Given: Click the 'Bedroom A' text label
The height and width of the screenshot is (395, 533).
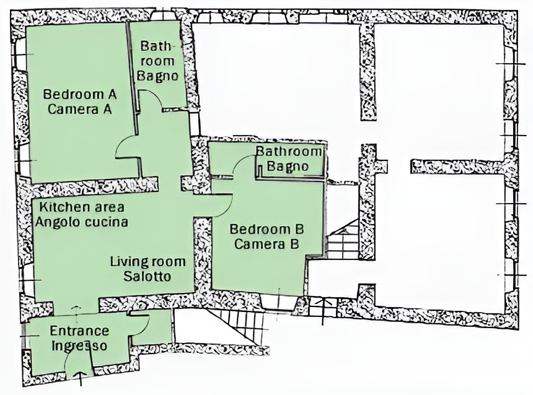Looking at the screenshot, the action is pos(80,94).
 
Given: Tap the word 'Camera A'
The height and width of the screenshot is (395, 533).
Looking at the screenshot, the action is pos(80,110).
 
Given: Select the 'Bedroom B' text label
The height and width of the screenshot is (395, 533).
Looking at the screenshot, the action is pos(266,229).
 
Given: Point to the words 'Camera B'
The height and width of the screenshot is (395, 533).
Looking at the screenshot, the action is pos(266,244).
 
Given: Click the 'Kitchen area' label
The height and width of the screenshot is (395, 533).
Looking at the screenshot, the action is pos(82,207).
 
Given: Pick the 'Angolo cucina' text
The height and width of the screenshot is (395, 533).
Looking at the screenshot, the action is pos(82,222).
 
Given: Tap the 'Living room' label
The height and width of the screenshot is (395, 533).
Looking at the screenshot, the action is pos(148,261).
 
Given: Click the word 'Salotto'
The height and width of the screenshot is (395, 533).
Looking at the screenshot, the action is pos(147,277).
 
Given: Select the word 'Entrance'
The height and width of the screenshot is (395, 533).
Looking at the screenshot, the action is pos(79,331).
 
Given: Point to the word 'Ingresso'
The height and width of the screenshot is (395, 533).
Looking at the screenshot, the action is pos(79,345).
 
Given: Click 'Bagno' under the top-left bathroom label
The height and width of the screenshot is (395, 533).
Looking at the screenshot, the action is pos(157,76).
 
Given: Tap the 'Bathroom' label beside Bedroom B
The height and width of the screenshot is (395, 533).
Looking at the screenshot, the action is pos(289,151).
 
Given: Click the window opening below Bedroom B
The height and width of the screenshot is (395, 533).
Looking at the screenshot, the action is pos(280,303).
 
